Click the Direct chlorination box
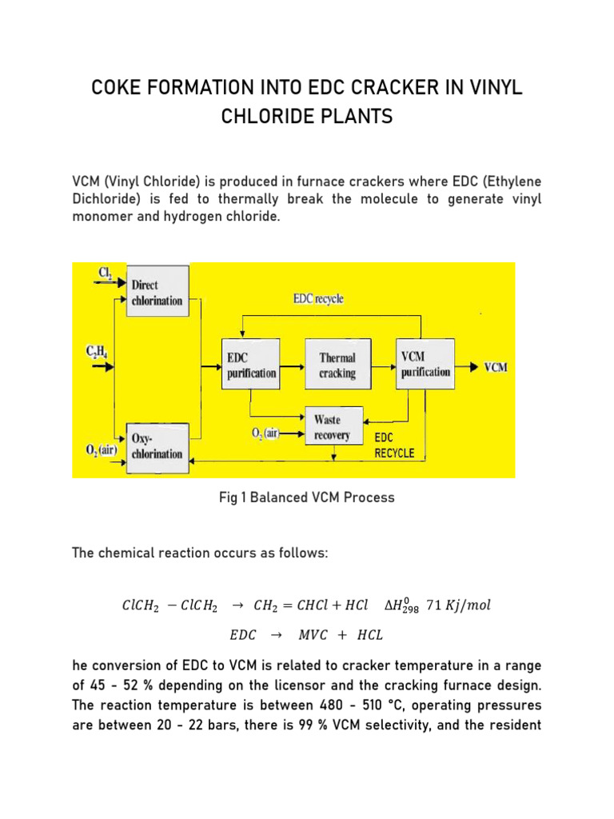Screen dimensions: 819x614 [x=157, y=292]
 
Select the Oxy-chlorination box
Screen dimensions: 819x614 [x=157, y=445]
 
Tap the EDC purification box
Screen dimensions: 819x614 [x=250, y=365]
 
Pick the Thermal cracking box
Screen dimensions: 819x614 [x=337, y=366]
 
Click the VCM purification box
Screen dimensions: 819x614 [x=424, y=365]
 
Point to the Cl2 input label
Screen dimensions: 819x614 [x=105, y=274]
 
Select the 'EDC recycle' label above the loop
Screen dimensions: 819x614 [x=317, y=299]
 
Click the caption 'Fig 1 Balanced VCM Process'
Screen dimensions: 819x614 [x=307, y=497]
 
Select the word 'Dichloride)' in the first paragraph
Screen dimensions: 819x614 [x=108, y=199]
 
